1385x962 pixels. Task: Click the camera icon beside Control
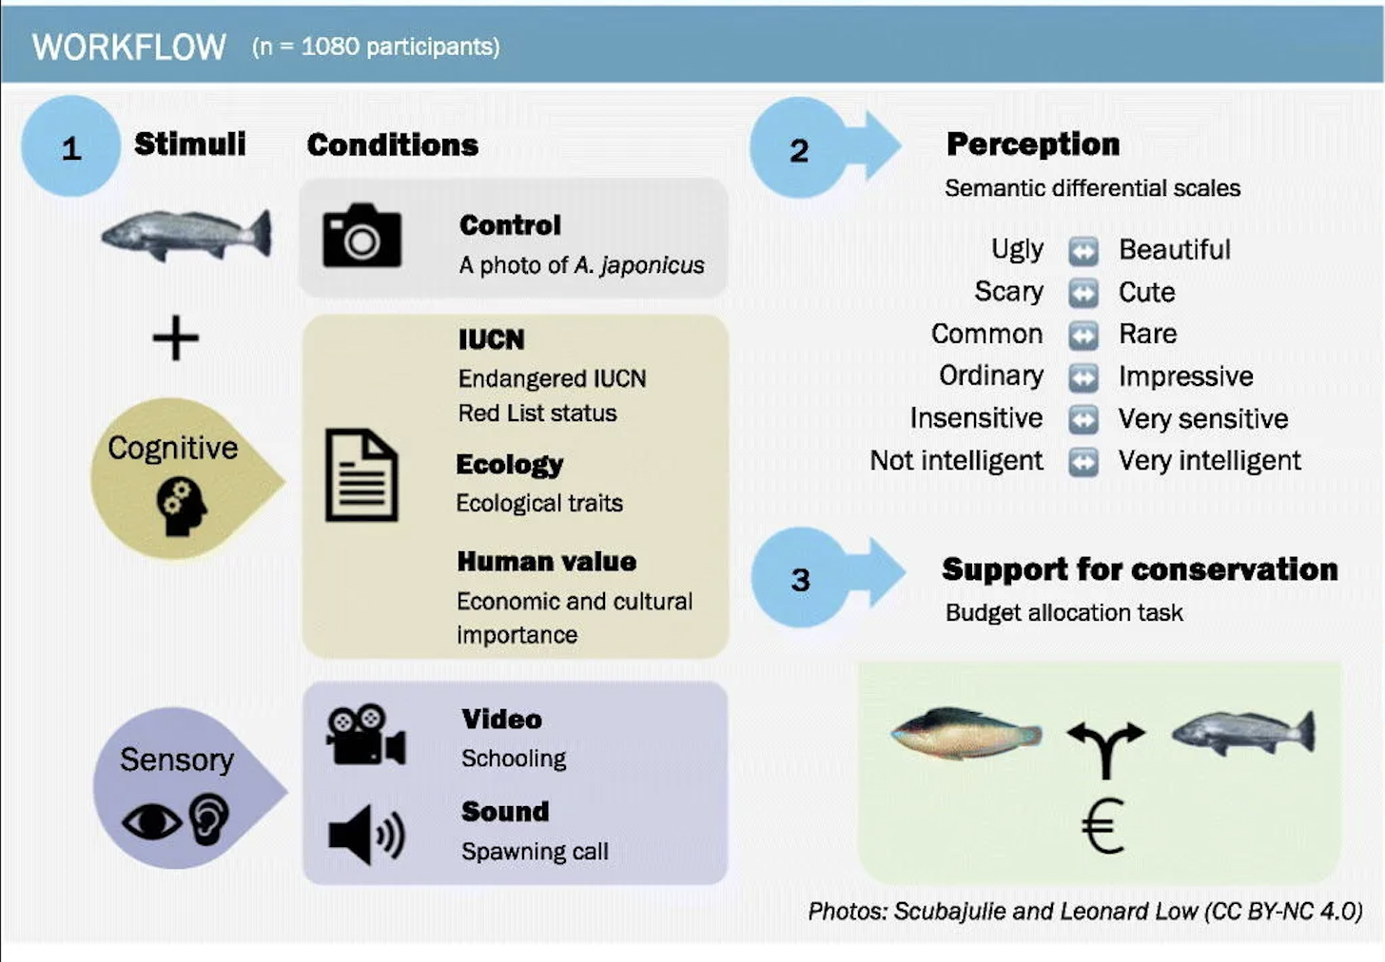(361, 235)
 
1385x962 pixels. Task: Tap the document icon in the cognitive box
(361, 474)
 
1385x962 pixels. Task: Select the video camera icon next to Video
(366, 734)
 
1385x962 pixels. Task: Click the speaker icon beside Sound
(366, 834)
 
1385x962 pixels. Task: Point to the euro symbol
(1103, 825)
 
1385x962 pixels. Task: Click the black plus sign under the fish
(176, 337)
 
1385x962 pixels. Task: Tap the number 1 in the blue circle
(71, 149)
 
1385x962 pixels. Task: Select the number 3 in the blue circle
(800, 580)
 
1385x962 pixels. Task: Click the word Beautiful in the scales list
(1175, 250)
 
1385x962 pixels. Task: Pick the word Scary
(1008, 291)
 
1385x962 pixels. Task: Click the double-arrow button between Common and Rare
(1083, 335)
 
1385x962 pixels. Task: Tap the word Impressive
(1186, 375)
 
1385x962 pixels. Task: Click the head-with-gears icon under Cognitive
(181, 508)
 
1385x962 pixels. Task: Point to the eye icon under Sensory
(152, 821)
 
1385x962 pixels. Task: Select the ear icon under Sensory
(209, 818)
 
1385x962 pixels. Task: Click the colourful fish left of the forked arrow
(966, 734)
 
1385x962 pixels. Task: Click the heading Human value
(547, 562)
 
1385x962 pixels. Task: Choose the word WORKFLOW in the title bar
(129, 47)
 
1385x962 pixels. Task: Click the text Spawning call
(535, 852)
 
